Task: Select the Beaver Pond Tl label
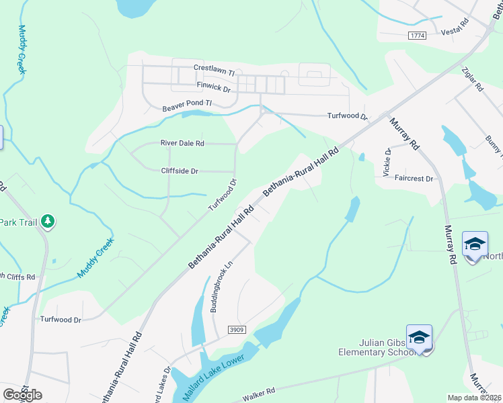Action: pos(187,105)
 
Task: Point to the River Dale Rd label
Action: pos(182,143)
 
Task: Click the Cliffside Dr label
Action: pos(180,171)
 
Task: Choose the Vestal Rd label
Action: pos(453,32)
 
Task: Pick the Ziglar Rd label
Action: pos(472,79)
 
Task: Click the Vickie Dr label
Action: pos(387,163)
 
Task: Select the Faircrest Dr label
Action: pos(415,179)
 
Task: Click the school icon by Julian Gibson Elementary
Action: pos(419,337)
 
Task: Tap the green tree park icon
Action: pos(47,221)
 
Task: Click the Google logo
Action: pos(22,394)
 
